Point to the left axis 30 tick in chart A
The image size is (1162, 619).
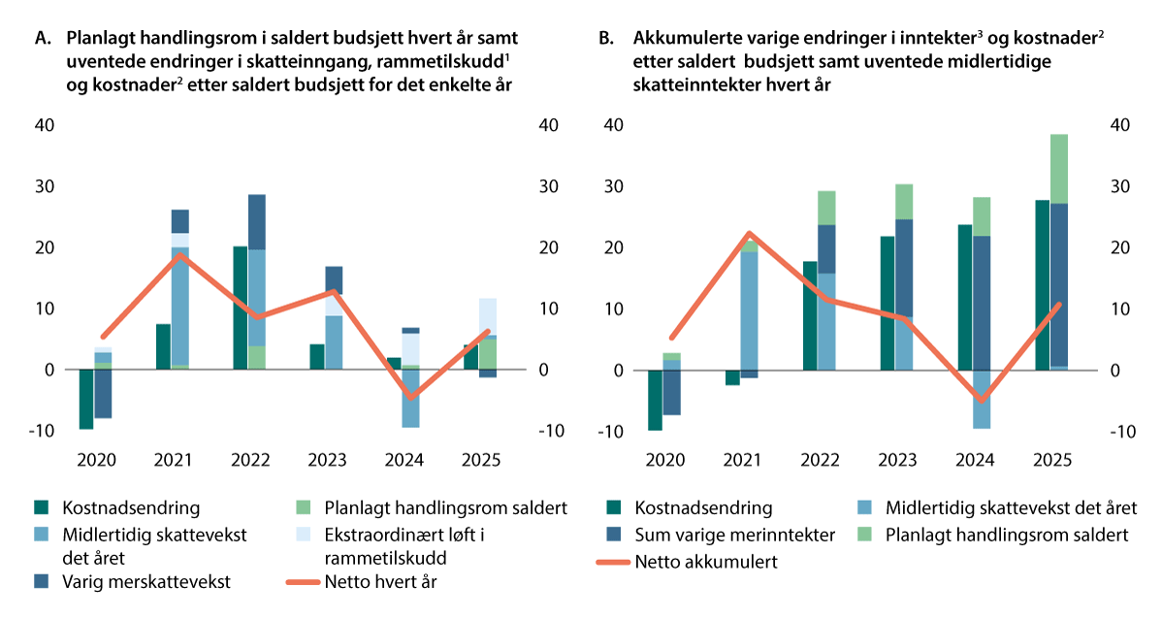(46, 186)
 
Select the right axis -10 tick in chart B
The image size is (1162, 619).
(1117, 432)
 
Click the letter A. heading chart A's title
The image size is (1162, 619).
(42, 39)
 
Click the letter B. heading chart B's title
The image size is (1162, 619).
(606, 39)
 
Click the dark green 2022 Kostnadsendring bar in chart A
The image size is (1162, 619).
(241, 308)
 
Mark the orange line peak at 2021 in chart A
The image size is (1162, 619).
(173, 254)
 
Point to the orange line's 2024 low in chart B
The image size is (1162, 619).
(981, 399)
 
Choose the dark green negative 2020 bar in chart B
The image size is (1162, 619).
(655, 400)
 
